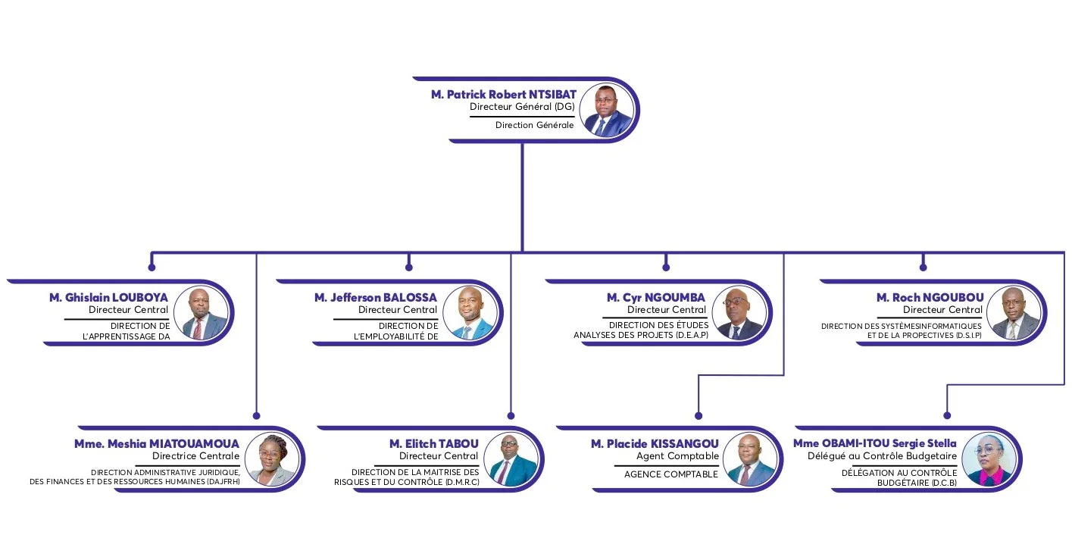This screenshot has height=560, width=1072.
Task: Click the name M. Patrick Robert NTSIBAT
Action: pos(504,94)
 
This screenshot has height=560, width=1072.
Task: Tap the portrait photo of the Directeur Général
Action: pos(606,110)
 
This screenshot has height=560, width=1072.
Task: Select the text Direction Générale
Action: pos(534,125)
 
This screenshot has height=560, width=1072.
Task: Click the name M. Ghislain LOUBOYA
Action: pos(108,298)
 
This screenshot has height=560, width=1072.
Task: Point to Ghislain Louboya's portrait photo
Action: pos(201,314)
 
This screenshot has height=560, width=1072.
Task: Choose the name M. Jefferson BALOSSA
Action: pos(376,298)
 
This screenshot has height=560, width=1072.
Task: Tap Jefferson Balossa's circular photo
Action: pos(470,314)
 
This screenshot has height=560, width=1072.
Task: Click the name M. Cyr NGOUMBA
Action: pos(656,298)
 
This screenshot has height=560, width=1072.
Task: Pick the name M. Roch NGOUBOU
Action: pos(930,298)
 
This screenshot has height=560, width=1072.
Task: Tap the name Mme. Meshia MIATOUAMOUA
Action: pos(157,444)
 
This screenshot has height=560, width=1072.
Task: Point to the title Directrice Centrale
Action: pos(195,456)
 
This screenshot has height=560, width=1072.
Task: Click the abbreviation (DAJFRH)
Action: pos(223,481)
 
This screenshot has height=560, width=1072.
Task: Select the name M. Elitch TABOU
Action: pos(433,444)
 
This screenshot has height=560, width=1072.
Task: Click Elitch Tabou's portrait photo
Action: pos(511,459)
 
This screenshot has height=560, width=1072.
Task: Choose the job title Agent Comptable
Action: pos(677,456)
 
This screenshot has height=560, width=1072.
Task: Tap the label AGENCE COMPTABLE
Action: pos(671,474)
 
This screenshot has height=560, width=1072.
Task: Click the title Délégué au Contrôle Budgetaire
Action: pos(882,456)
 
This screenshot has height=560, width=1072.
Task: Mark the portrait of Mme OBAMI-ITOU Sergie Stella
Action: pos(989,459)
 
